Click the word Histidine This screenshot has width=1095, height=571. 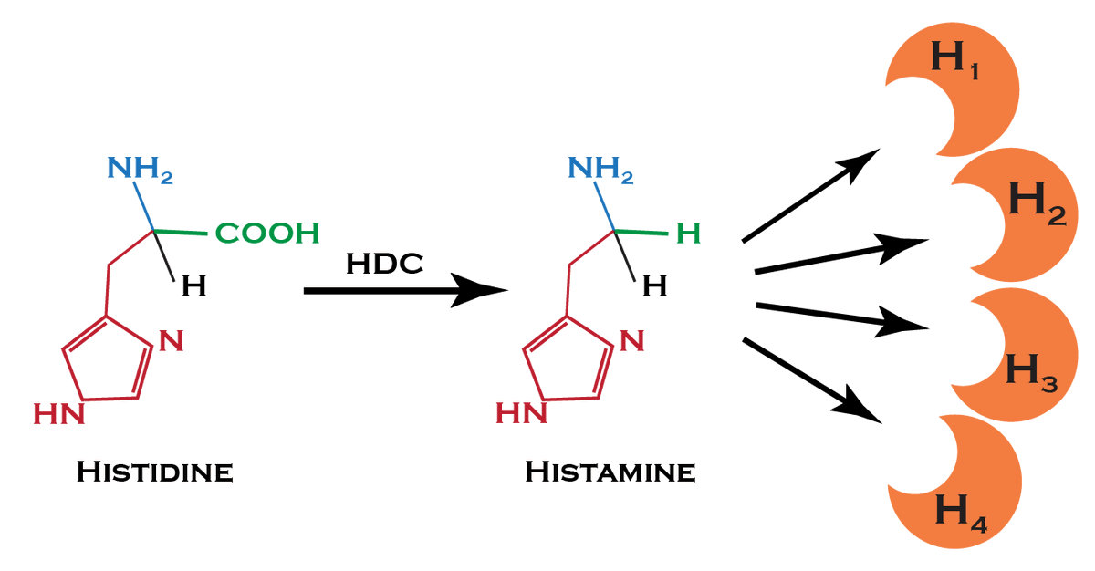(154, 473)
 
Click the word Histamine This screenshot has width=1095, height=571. (610, 472)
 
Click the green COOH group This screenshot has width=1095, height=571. (267, 234)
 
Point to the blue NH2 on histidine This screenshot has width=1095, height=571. (140, 168)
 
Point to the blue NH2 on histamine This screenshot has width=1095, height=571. (600, 168)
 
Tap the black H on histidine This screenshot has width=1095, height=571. (193, 287)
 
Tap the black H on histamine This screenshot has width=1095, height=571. (653, 287)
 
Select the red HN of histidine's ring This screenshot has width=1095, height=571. (59, 415)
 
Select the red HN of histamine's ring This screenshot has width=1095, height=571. (521, 415)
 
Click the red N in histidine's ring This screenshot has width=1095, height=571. (172, 342)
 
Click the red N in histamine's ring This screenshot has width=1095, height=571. (632, 342)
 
